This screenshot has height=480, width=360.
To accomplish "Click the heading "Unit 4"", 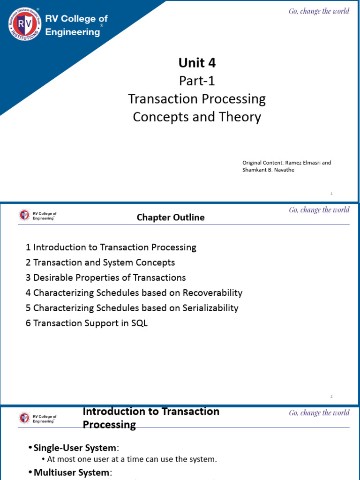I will coord(197,63).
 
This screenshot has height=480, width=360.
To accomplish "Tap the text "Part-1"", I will coord(197,81).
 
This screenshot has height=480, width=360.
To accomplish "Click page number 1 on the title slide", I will coord(331,194).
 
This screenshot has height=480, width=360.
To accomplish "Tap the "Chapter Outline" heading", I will coord(171,217).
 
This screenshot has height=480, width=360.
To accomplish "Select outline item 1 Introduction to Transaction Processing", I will coord(111,247).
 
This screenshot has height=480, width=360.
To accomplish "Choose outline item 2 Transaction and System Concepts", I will coord(100,262).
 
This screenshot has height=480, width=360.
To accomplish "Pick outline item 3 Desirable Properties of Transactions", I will coord(106,277).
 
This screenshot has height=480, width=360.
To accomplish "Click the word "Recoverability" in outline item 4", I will coord(212,293).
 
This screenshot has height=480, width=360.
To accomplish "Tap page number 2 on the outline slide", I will coord(331,397).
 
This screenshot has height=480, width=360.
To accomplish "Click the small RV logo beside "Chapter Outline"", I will coord(24,215).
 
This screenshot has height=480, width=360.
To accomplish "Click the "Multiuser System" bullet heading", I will coord(71,472).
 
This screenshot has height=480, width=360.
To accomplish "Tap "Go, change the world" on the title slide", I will coord(319,11).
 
